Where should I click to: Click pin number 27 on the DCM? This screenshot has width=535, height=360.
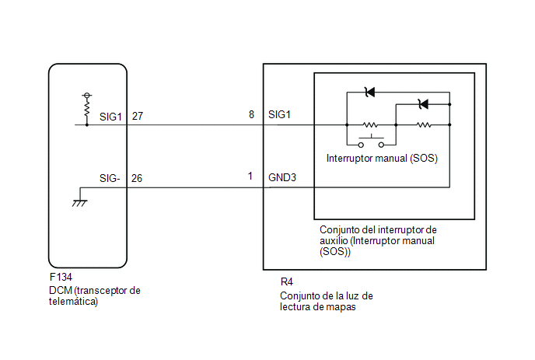(x=138, y=117)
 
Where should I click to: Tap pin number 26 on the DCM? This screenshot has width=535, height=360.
(x=137, y=178)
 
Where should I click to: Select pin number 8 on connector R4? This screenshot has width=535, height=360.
(x=251, y=114)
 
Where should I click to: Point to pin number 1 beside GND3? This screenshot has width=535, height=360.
(x=250, y=176)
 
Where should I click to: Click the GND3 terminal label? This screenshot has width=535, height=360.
(x=282, y=177)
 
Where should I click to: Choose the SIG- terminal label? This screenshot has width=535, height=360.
(x=110, y=178)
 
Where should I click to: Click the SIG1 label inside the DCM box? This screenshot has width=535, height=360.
(x=110, y=117)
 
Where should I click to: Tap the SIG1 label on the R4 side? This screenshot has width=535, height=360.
(x=279, y=114)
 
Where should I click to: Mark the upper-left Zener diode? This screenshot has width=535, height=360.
(x=369, y=92)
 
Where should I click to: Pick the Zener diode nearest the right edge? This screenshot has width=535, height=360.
(x=423, y=104)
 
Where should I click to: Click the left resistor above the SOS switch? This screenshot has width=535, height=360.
(x=371, y=125)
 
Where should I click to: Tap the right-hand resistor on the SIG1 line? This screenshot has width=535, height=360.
(x=424, y=125)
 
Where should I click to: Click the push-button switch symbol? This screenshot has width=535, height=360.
(x=371, y=142)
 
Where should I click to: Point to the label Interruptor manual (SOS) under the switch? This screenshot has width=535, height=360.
(x=382, y=159)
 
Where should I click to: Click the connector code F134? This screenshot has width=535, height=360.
(x=61, y=277)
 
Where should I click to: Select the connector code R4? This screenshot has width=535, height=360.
(x=287, y=282)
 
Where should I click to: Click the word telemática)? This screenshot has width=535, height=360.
(x=73, y=302)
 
